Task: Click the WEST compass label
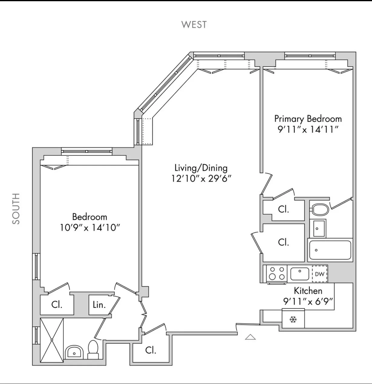[x=194, y=24]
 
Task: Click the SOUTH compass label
[x=16, y=209]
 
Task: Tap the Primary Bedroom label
[x=308, y=118]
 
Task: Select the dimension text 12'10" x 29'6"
[x=201, y=179]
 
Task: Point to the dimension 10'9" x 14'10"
[x=90, y=227]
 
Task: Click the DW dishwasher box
[x=320, y=274]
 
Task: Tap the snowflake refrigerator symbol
[x=293, y=319]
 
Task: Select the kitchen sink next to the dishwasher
[x=299, y=274]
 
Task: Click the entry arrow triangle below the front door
[x=250, y=337]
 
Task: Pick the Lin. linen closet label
[x=99, y=305]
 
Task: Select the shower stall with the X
[x=52, y=340]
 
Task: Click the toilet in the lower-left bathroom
[x=93, y=349]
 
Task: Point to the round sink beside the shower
[x=74, y=352]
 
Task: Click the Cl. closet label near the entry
[x=151, y=350]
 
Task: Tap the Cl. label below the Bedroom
[x=57, y=304]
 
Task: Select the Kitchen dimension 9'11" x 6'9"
[x=308, y=301]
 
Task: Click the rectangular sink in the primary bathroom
[x=318, y=228]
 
